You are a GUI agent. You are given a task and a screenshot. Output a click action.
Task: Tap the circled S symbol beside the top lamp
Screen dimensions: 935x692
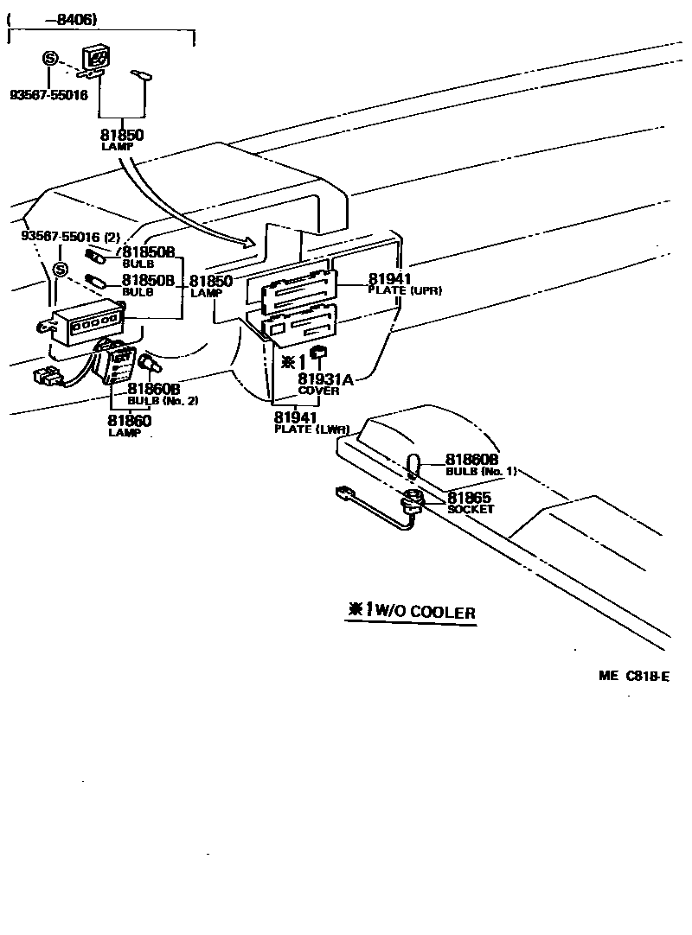(50, 59)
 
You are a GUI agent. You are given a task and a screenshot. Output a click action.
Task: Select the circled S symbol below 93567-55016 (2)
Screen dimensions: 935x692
(61, 270)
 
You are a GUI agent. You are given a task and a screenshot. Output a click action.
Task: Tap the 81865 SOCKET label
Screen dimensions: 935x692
(469, 503)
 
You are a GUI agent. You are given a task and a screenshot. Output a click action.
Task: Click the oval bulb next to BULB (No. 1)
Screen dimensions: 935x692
(413, 465)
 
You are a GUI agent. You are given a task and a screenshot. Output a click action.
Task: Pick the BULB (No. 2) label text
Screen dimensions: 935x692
(163, 401)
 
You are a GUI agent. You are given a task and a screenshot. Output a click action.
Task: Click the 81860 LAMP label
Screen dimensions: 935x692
(130, 425)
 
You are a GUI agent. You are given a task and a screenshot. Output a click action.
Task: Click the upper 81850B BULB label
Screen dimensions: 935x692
(148, 257)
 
